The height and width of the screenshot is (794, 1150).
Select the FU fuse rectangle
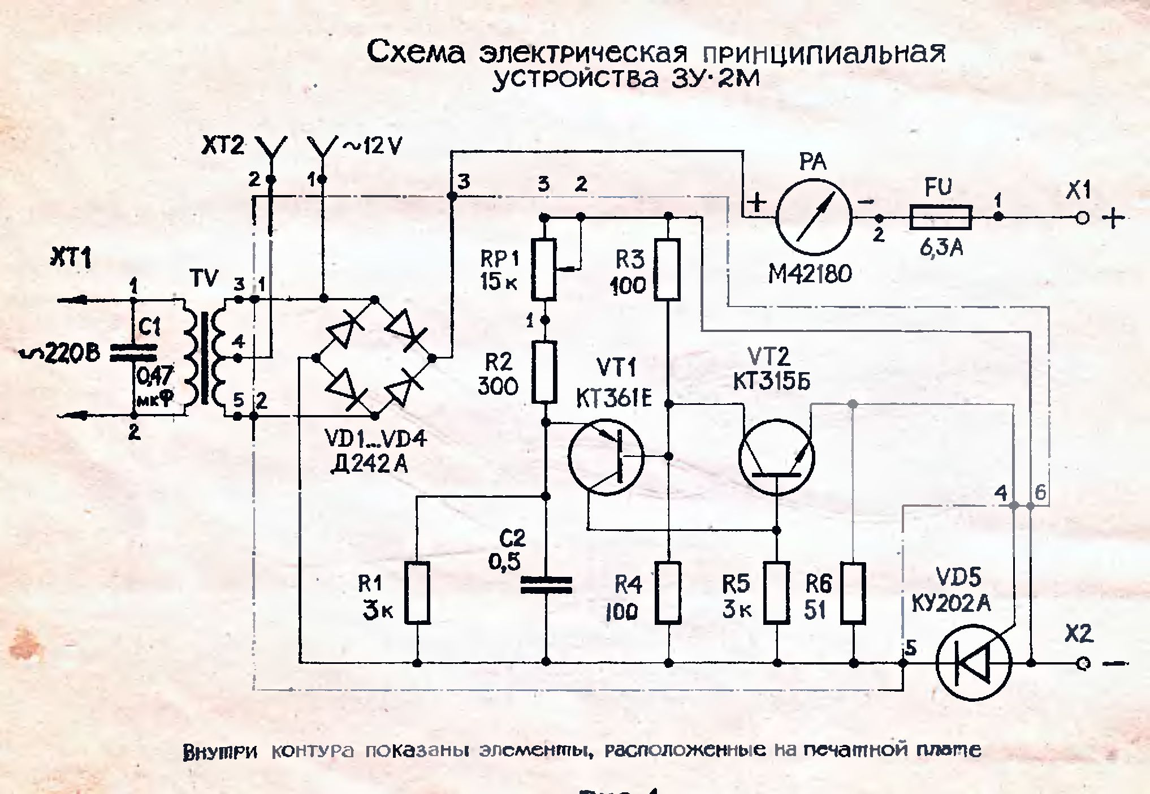point(941,217)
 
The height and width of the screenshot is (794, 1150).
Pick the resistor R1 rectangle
point(417,593)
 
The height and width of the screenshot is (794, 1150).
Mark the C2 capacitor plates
point(546,585)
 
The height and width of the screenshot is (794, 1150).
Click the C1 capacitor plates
point(133,352)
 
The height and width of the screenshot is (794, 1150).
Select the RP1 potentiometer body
point(544,269)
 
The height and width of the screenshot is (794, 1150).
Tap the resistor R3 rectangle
point(668,269)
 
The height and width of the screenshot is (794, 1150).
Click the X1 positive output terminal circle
point(1082,218)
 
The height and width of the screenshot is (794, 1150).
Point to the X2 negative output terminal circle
point(1083,663)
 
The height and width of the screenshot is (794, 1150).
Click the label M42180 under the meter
point(810,274)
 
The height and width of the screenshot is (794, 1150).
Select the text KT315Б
point(771,382)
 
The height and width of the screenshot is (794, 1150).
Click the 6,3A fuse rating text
point(941,248)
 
